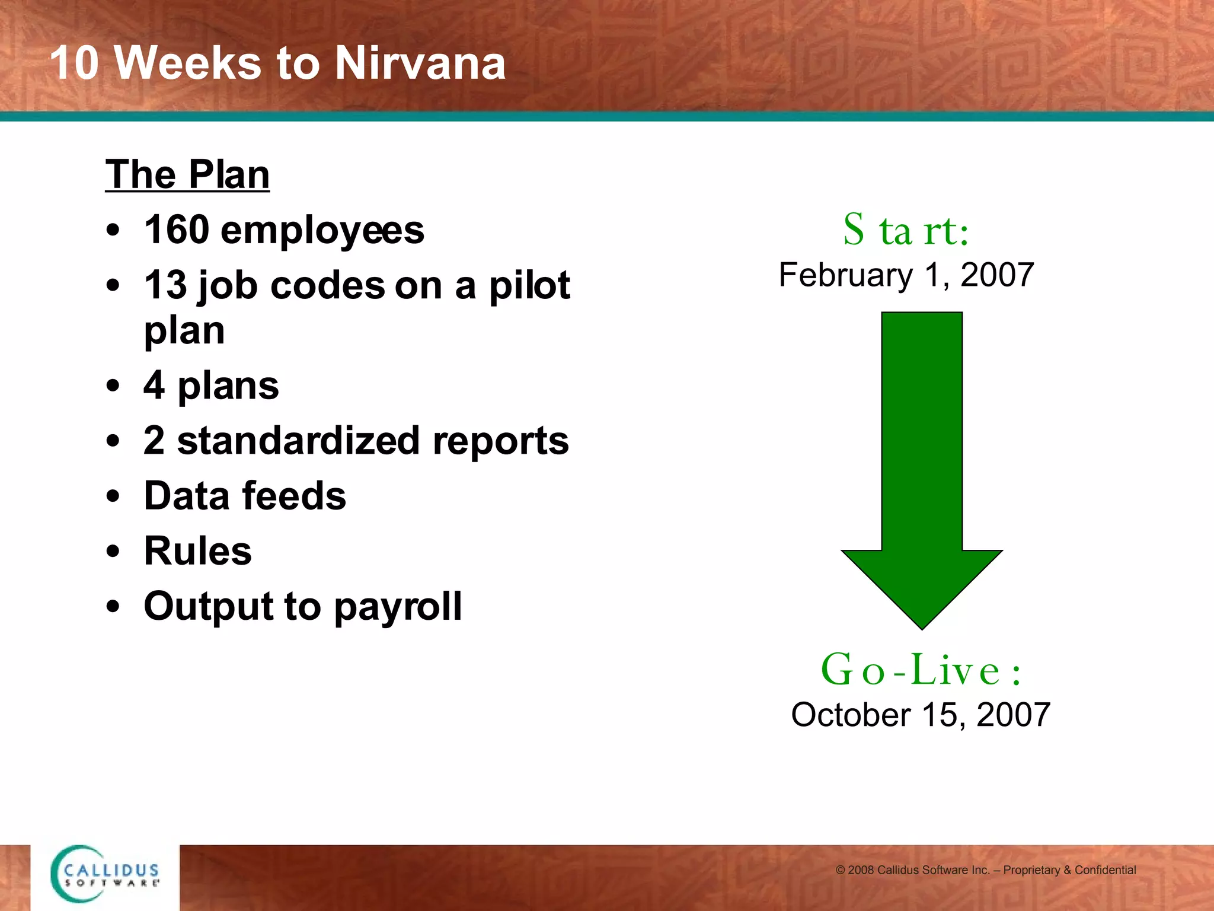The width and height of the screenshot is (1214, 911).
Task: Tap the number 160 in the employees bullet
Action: click(x=177, y=230)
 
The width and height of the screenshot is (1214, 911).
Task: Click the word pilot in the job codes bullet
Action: click(x=529, y=285)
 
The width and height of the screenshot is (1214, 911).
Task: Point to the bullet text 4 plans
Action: click(x=211, y=386)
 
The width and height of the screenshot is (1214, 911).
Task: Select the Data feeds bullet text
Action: click(x=245, y=496)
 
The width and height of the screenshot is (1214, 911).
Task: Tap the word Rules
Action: click(x=197, y=551)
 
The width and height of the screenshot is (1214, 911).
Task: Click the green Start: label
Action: click(x=906, y=230)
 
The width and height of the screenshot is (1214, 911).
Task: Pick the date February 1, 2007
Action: click(x=906, y=275)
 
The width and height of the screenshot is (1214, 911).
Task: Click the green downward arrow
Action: click(x=922, y=463)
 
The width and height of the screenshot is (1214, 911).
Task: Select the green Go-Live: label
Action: click(x=921, y=670)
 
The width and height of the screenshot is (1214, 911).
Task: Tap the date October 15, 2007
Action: click(x=921, y=715)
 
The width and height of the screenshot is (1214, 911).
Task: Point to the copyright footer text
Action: click(x=985, y=870)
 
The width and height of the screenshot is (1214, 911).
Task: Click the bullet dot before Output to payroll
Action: click(x=113, y=607)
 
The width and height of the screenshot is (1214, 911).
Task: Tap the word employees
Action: click(x=322, y=231)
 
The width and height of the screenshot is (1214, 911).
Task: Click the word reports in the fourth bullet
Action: click(x=500, y=442)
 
